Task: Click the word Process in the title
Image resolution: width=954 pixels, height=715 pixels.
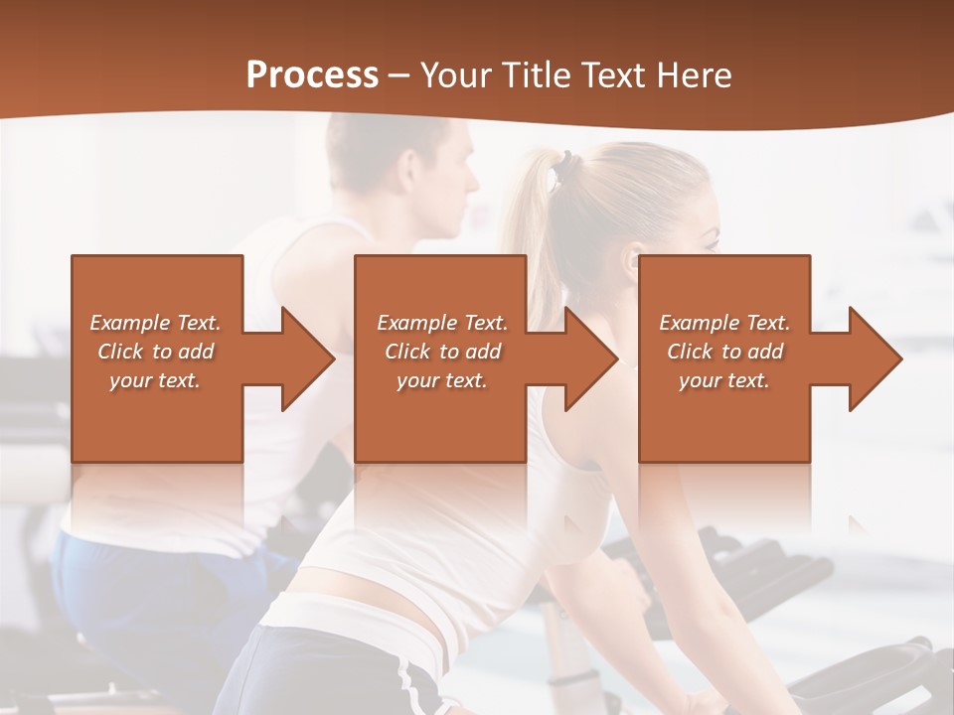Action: point(312,75)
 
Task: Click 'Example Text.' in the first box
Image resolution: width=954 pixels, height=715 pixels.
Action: point(155,323)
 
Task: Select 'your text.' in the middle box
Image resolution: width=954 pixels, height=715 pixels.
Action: point(441,380)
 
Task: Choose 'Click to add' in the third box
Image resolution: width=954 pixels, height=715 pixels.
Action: point(724,352)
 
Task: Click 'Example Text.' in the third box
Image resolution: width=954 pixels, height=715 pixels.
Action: point(724,323)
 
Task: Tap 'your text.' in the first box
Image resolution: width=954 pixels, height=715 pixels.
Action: point(155,380)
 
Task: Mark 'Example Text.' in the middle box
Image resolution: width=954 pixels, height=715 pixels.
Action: point(441,323)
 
